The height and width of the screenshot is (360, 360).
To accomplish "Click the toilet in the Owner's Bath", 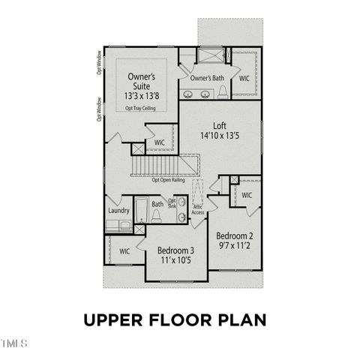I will [223, 92].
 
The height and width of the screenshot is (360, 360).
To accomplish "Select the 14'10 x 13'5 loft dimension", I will [219, 136].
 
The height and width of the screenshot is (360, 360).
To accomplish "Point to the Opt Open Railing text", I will [169, 180].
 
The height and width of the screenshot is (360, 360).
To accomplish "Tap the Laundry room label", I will [118, 211].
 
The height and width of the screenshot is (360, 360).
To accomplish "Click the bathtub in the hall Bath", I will [141, 213].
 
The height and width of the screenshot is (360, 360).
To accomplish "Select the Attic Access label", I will [198, 210].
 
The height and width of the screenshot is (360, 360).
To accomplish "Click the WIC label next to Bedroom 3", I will [124, 251].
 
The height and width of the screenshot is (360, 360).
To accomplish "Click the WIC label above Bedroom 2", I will [247, 195].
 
